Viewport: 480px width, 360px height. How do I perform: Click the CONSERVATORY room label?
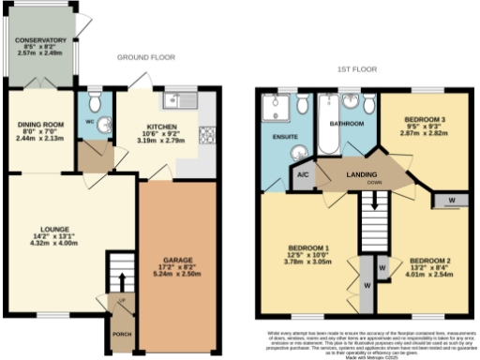(x=39, y=40)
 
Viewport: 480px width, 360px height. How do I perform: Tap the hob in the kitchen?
(x=205, y=134)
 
